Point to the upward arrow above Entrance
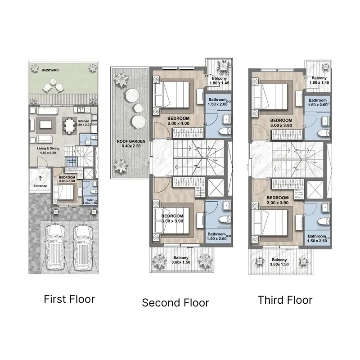[x=41, y=178]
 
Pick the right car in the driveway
[x=82, y=247]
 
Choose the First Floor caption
[x=69, y=299]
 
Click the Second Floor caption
[x=175, y=303]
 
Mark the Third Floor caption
[x=285, y=300]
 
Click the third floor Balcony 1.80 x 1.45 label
[x=319, y=81]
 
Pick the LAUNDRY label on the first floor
[x=71, y=160]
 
